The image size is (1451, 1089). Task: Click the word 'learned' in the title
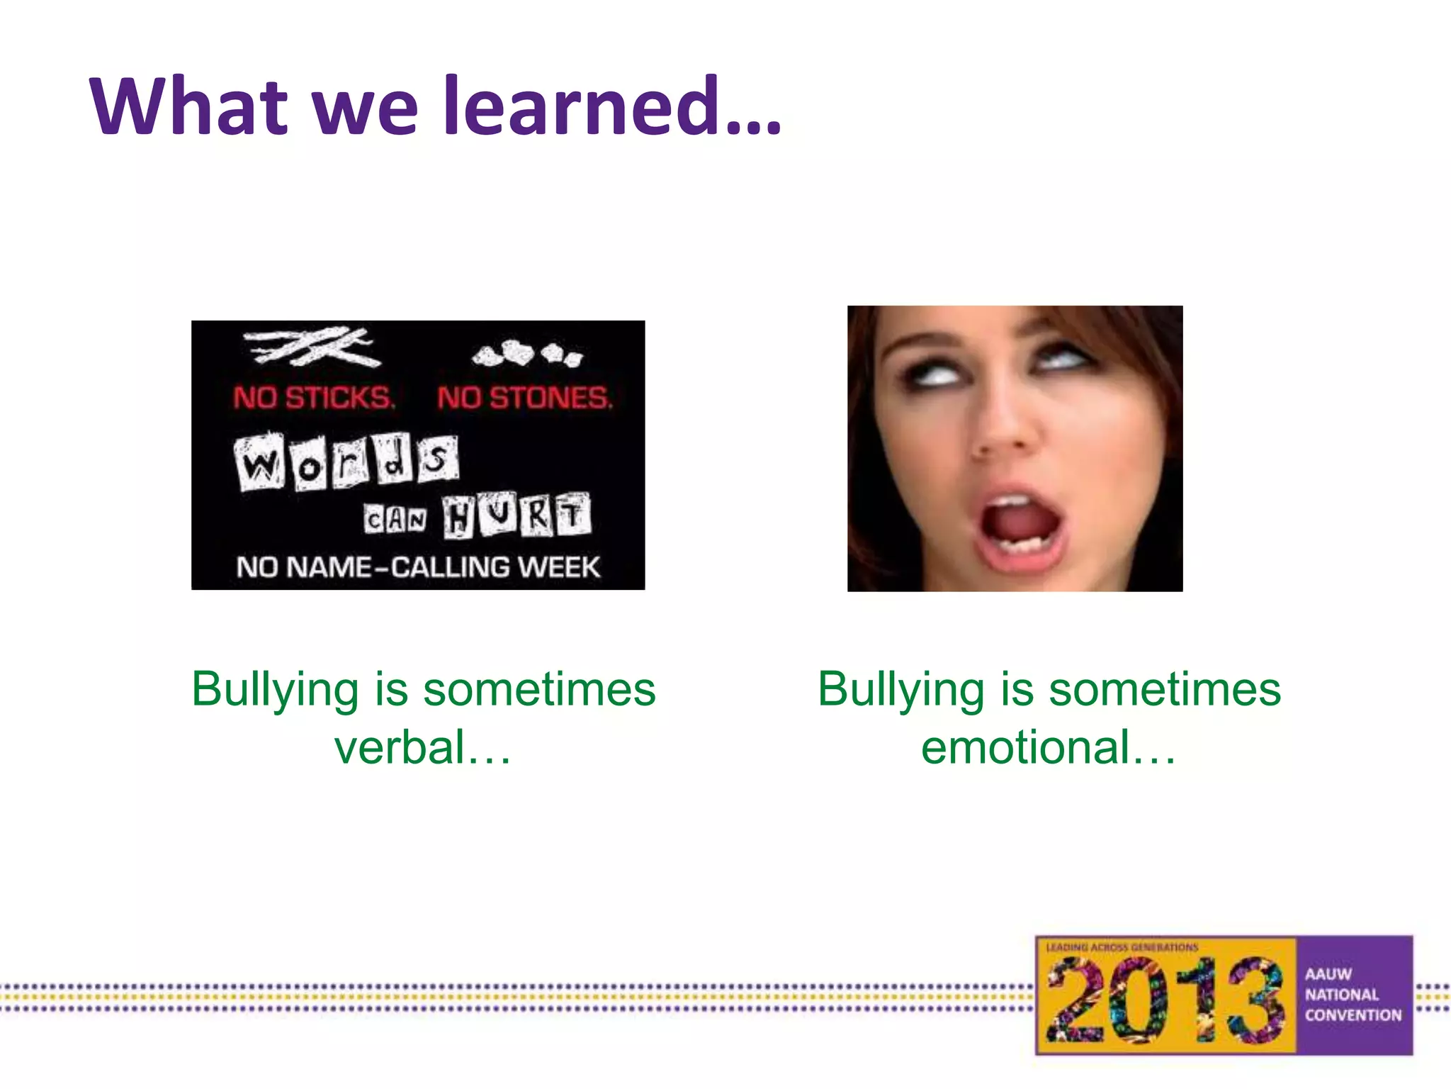pos(585,106)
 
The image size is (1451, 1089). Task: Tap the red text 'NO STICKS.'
pos(314,398)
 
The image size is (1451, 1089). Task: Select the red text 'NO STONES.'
pos(524,398)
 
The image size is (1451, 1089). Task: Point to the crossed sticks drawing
pos(309,347)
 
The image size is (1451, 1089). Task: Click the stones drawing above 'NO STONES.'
pos(528,353)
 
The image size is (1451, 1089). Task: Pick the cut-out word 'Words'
pos(346,462)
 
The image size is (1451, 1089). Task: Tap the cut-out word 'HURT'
pos(516,515)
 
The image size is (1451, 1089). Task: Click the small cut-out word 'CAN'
pos(395,520)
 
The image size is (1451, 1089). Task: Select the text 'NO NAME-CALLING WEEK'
pos(418,567)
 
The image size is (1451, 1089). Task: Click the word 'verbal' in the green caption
pos(400,747)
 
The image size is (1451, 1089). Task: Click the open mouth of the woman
pos(1020,528)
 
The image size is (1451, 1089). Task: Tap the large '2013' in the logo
pos(1165,1000)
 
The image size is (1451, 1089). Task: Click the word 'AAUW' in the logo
pos(1328,974)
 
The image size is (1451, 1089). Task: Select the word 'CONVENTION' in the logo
pos(1353,1015)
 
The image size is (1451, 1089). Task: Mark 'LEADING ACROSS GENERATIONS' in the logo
pos(1122,947)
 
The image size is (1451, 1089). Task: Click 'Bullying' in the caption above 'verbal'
pos(275,689)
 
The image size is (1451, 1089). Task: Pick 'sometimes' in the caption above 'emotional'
pos(1165,689)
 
